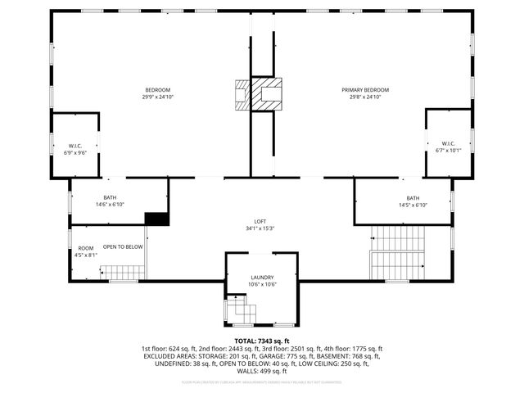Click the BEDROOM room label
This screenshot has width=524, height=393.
(x=159, y=90)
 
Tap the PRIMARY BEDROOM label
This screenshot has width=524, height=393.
(x=365, y=90)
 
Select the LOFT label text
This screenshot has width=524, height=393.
(x=260, y=222)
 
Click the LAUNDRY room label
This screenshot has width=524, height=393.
(x=262, y=278)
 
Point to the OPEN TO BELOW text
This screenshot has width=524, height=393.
(x=123, y=247)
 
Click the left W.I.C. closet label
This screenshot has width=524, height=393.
(x=75, y=146)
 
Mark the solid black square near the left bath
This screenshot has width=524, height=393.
(x=156, y=219)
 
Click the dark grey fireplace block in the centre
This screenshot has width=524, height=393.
(x=266, y=93)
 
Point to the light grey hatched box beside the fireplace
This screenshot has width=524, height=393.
(x=242, y=94)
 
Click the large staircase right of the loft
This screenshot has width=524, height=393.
(x=399, y=252)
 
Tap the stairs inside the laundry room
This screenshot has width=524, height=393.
(x=242, y=309)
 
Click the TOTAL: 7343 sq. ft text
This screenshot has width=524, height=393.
(x=262, y=341)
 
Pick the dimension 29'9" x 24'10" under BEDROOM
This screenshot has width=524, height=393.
(x=159, y=97)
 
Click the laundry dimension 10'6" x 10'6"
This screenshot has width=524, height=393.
(x=262, y=285)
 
